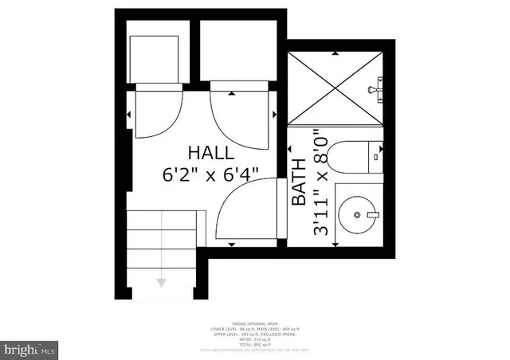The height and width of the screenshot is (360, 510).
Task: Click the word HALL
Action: click(x=211, y=152)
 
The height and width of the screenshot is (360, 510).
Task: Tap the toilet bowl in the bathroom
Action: click(x=348, y=157)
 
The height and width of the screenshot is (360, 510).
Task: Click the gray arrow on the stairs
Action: click(x=163, y=280)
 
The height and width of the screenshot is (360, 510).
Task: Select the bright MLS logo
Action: click(x=30, y=349)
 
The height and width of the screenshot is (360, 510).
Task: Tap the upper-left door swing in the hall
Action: click(x=154, y=115)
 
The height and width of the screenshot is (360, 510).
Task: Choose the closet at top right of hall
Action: click(x=235, y=56)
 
